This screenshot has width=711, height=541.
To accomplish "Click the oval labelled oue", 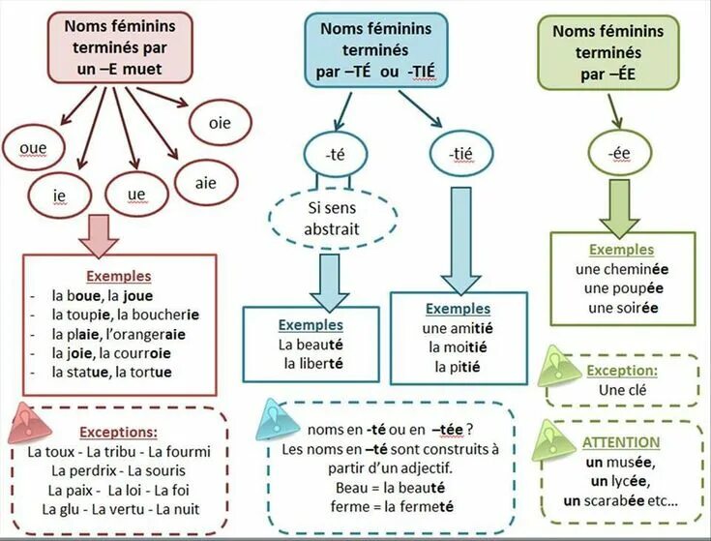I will [x=32, y=148].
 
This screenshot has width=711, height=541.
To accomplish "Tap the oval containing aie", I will [x=205, y=182].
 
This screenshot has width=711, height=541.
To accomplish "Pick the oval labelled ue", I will [x=136, y=195].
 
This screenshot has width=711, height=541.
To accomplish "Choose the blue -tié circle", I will [x=459, y=153].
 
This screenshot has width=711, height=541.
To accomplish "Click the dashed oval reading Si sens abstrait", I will [x=331, y=220].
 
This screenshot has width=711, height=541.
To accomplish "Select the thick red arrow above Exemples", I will [x=97, y=232].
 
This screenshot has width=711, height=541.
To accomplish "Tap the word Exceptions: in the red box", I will [x=119, y=432].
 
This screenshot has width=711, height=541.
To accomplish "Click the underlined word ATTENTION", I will [x=621, y=442].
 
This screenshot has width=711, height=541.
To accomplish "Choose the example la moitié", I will [x=458, y=347].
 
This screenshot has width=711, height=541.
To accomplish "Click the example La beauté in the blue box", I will [x=311, y=344].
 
